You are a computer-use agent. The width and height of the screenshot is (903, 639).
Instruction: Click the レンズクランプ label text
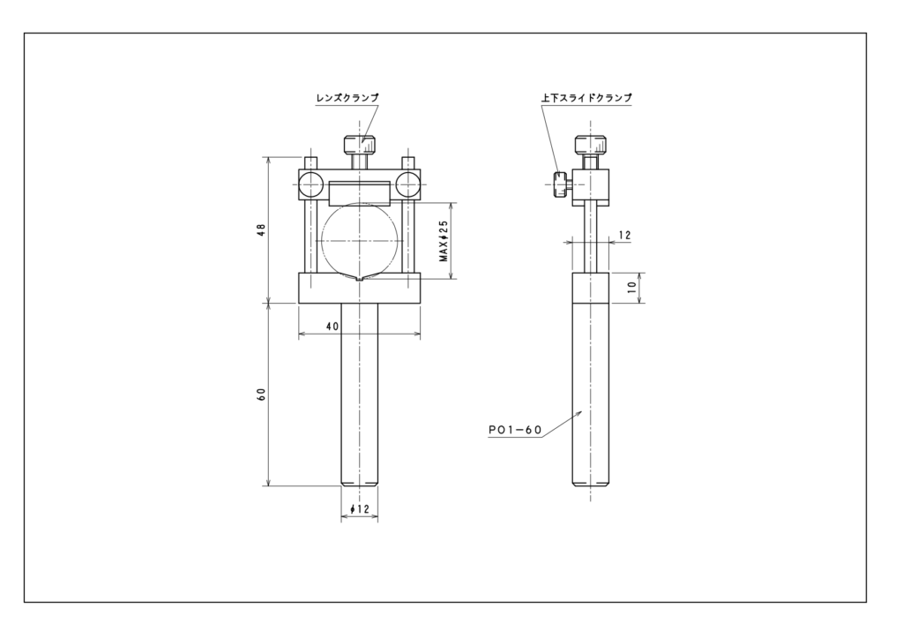[x=347, y=98]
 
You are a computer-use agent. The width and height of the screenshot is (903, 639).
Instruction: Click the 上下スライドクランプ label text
[x=586, y=98]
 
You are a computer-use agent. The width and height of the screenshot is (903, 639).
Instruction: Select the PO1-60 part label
[x=515, y=430]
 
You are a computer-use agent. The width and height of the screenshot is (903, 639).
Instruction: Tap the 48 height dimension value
[x=261, y=229]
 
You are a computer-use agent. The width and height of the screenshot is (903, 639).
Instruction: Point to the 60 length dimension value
[x=261, y=395]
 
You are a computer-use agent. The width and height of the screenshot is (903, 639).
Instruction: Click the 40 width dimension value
[x=332, y=327]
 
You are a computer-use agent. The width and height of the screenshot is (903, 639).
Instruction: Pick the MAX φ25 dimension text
[x=444, y=241]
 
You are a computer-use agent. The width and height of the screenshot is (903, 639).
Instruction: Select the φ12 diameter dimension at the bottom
[x=360, y=509]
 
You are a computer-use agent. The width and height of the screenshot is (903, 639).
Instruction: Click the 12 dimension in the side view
[x=624, y=235]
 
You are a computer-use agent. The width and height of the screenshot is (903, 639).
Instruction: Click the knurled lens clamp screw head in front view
[x=360, y=144]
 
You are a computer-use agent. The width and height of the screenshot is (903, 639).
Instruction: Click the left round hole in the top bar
[x=311, y=184]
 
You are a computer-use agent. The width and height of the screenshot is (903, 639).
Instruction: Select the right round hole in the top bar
[x=407, y=184]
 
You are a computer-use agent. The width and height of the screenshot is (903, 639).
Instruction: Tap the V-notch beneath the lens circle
[x=360, y=278]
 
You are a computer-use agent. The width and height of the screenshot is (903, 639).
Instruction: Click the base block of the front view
[x=360, y=288]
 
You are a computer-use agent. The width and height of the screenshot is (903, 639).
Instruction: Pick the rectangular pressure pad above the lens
[x=360, y=193]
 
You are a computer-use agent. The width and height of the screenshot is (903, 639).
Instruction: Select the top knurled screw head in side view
[x=591, y=144]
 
